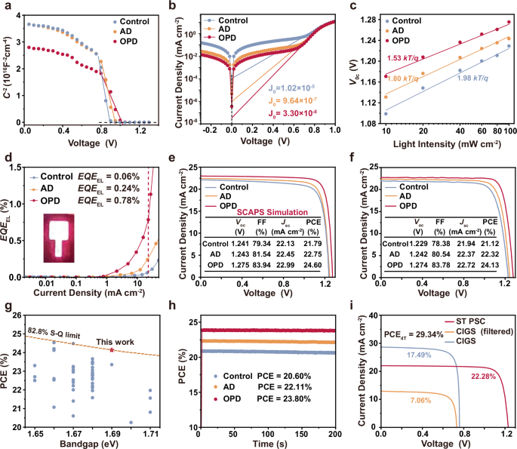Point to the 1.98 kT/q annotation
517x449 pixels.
coord(474,78)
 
